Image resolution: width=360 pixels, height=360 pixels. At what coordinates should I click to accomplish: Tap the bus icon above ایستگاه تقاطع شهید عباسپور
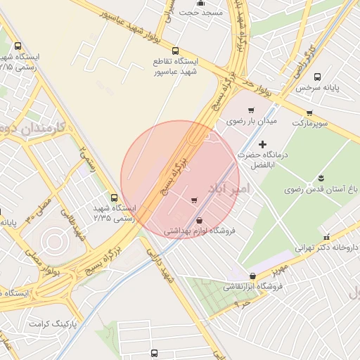point(175,51)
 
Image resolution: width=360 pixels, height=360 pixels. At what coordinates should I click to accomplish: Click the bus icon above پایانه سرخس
point(317,77)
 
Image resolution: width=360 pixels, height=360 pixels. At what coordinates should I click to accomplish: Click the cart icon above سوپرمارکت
point(309,112)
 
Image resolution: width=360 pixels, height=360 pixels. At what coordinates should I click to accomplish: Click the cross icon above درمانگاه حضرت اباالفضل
point(263,144)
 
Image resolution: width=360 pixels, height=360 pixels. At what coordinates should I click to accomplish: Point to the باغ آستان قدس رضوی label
point(321,189)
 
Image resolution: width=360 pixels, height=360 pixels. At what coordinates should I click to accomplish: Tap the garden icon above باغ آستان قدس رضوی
point(321,176)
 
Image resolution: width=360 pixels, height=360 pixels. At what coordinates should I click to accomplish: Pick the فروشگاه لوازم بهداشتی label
point(201,230)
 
